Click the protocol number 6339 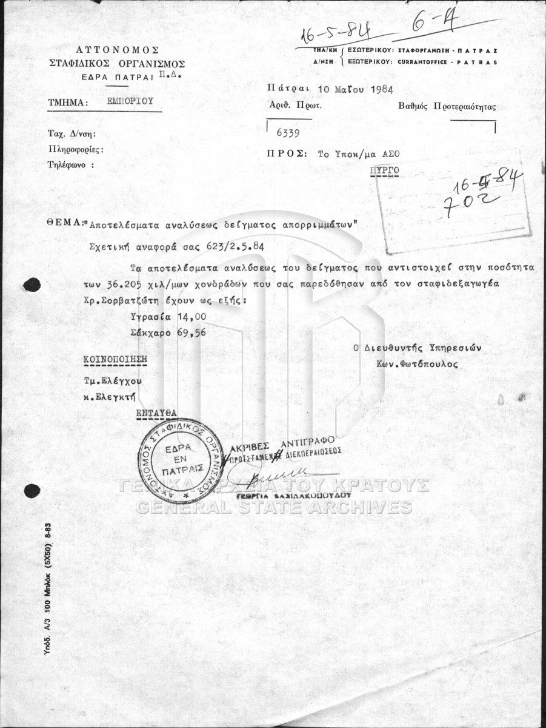(287, 132)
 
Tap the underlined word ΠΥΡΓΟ (384, 170)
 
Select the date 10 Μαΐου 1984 (355, 89)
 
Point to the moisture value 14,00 (191, 317)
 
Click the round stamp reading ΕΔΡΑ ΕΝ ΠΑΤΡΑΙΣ (182, 460)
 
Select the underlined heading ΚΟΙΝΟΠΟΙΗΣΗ (115, 359)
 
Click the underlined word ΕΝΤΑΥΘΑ (156, 413)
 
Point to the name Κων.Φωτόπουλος (417, 365)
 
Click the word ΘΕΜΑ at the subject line (63, 223)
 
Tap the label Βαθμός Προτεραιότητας (447, 107)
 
